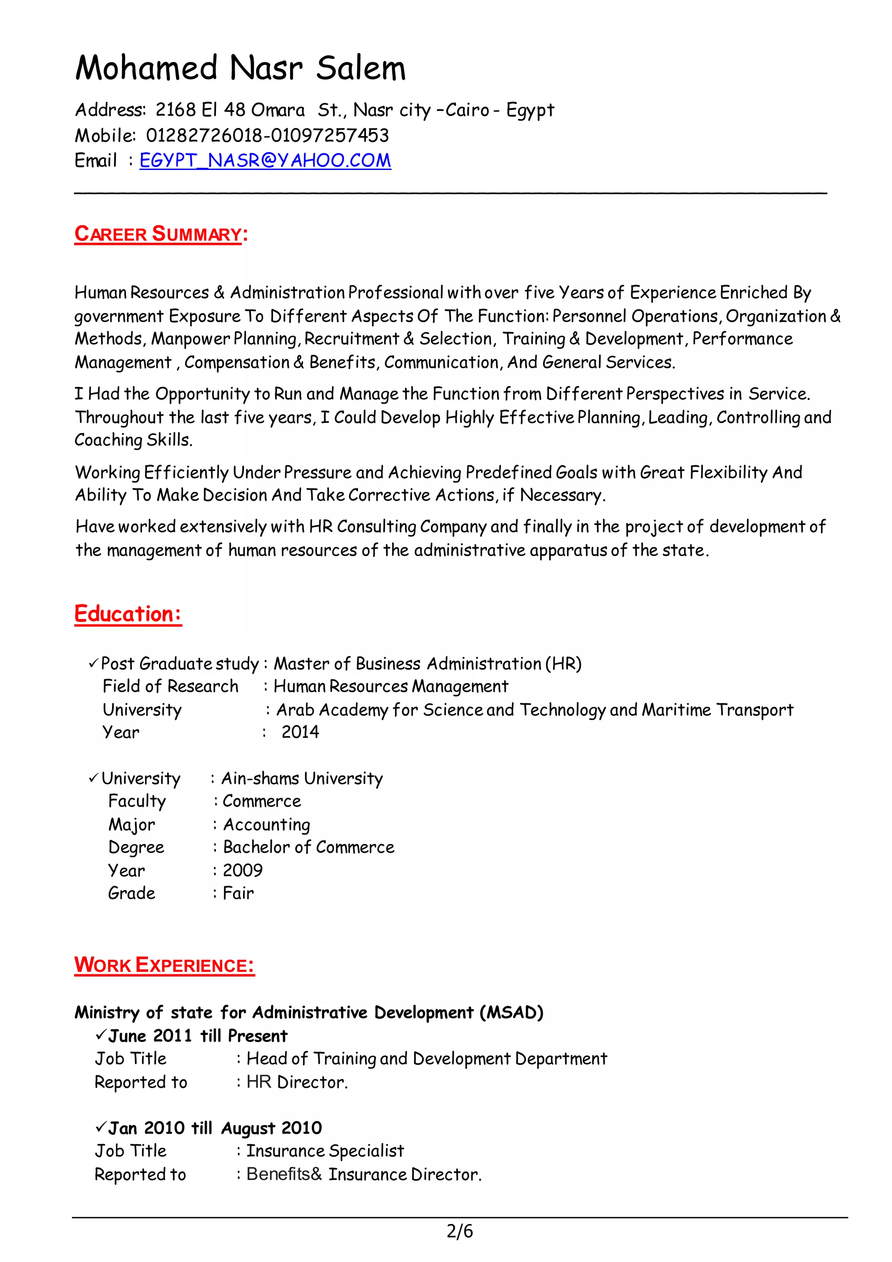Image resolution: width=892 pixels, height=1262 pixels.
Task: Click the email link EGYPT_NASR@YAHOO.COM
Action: point(265,160)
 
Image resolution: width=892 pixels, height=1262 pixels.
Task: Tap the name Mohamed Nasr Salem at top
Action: point(240,68)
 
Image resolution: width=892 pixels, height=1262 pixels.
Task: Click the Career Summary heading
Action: point(158,234)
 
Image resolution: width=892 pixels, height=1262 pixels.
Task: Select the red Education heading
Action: point(128,614)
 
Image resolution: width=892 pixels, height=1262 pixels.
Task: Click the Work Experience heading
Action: point(164,965)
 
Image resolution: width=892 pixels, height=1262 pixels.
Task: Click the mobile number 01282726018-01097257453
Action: point(267,135)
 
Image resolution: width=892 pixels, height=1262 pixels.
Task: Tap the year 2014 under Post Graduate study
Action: point(300,732)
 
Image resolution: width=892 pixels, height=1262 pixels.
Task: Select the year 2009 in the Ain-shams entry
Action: point(242,870)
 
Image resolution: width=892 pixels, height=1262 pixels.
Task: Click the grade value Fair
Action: point(238,893)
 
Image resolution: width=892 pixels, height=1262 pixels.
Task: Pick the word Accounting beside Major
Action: point(267,824)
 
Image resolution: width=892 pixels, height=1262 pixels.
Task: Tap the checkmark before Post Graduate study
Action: point(93,664)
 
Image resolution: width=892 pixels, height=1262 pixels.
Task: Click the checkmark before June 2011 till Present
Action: point(100,1035)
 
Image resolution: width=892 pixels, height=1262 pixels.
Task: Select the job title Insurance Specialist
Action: point(324,1150)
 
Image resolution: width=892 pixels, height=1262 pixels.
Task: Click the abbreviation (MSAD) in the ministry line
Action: point(511,1012)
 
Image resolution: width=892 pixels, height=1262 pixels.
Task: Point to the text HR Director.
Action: point(297,1082)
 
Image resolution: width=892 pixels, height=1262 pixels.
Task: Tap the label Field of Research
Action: point(170,686)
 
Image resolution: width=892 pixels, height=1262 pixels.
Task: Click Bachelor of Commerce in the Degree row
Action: point(308,847)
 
